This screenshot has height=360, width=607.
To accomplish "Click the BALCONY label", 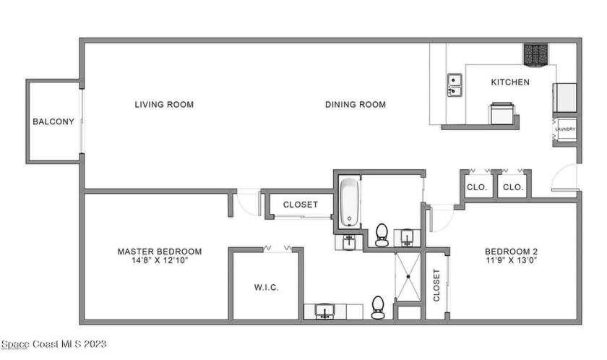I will pyautogui.click(x=53, y=121).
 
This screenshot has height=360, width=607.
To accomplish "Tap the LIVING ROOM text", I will pyautogui.click(x=164, y=105).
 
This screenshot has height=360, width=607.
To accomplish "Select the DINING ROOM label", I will pyautogui.click(x=355, y=105).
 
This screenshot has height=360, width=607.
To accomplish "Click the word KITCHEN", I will pyautogui.click(x=510, y=82).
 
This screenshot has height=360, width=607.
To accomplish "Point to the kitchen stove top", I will pyautogui.click(x=536, y=53).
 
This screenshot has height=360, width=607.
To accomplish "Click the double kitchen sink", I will pyautogui.click(x=455, y=85).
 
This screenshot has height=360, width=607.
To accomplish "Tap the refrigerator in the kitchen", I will pyautogui.click(x=565, y=98).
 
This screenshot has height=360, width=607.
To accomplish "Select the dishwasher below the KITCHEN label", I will pyautogui.click(x=502, y=113).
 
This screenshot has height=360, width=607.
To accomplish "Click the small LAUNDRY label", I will pyautogui.click(x=565, y=130).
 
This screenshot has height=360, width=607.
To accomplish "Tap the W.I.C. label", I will pyautogui.click(x=266, y=288).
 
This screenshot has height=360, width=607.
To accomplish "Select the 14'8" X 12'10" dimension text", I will pyautogui.click(x=159, y=261).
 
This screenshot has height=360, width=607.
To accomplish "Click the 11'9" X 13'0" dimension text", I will pyautogui.click(x=511, y=261).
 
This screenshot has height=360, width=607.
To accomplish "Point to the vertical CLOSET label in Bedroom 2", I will pyautogui.click(x=436, y=285).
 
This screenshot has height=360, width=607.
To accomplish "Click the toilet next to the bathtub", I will pyautogui.click(x=382, y=233).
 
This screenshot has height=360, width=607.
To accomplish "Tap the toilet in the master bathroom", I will pyautogui.click(x=376, y=307).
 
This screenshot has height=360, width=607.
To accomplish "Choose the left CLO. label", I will pyautogui.click(x=476, y=187).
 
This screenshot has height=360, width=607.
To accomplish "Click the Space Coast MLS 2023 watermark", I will pyautogui.click(x=54, y=344).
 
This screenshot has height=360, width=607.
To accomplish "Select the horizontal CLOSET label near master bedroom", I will pyautogui.click(x=300, y=205).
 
